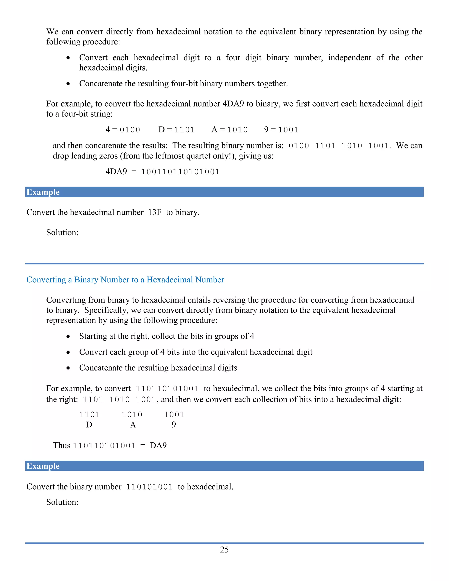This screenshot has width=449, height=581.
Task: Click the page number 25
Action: [x=224, y=549]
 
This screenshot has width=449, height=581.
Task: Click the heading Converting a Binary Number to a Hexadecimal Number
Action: [x=125, y=280]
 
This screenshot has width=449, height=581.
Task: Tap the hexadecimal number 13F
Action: [x=155, y=212]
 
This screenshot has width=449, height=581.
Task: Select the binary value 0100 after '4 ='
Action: [x=130, y=130]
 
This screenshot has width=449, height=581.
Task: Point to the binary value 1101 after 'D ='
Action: [x=184, y=130]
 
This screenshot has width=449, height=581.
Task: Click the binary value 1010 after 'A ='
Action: [x=237, y=130]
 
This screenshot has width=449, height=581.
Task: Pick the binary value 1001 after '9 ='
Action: [x=288, y=130]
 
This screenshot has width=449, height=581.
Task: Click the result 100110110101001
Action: [x=180, y=172]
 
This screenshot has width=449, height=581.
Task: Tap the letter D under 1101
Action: [x=89, y=425]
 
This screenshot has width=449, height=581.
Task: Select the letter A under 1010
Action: [x=133, y=425]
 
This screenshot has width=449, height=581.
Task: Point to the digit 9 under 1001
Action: [x=174, y=425]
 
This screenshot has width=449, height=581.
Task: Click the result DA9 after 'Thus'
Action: [x=158, y=446]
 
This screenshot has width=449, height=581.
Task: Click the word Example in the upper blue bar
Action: [x=43, y=192]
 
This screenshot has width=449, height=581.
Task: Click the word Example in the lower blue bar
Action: [x=43, y=466]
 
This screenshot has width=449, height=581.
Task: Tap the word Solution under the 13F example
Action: [x=62, y=232]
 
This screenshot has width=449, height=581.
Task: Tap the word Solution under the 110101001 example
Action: [x=62, y=502]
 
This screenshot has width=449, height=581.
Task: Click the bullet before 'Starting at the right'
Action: [x=68, y=337]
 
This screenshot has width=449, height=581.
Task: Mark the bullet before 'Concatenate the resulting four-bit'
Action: [x=68, y=84]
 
